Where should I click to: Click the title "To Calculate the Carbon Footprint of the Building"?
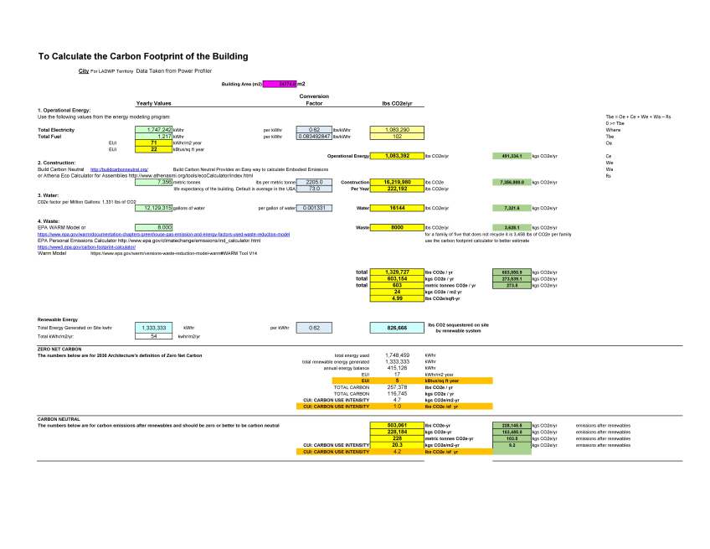coord(143,56)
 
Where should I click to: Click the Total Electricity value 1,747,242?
coord(154,130)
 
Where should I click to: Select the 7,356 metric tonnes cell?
coord(154,182)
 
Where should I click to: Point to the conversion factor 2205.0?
coord(315,182)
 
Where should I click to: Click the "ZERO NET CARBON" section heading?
coord(59,348)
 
